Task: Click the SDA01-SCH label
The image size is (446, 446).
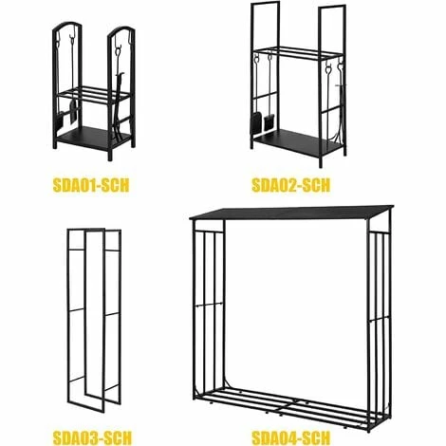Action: (94, 183)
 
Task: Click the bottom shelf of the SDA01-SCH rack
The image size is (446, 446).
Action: (96, 136)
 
